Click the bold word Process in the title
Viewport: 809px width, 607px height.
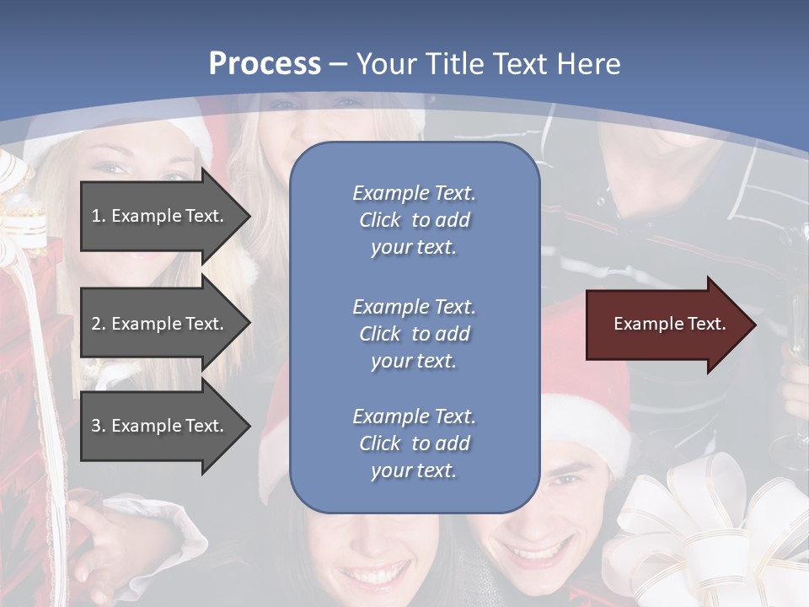(x=265, y=64)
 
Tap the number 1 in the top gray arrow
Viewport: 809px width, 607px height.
(x=96, y=216)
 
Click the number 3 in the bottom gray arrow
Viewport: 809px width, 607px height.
(x=96, y=426)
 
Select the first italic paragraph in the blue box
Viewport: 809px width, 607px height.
(x=414, y=220)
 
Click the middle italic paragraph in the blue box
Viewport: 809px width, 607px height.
(x=414, y=334)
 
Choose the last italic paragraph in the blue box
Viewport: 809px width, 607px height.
(x=414, y=443)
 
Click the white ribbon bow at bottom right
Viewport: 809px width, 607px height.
(x=708, y=531)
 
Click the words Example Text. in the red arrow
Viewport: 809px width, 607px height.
(x=669, y=324)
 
